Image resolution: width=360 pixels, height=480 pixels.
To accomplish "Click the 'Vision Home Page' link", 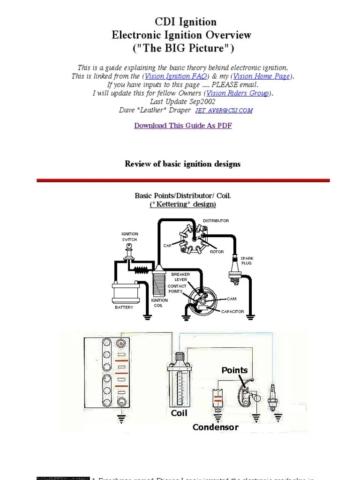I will pyautogui.click(x=262, y=76).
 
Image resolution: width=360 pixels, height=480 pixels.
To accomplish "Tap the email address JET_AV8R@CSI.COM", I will pyautogui.click(x=225, y=111).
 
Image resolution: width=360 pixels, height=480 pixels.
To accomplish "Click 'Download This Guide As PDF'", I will pyautogui.click(x=183, y=126).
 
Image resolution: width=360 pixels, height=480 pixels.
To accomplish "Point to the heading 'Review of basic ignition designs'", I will pyautogui.click(x=182, y=164).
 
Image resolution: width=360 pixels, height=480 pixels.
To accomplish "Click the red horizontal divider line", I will pyautogui.click(x=183, y=180).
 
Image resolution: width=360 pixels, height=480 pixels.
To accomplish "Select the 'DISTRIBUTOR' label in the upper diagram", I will pyautogui.click(x=216, y=220).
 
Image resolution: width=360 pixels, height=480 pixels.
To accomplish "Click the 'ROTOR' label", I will pyautogui.click(x=217, y=252).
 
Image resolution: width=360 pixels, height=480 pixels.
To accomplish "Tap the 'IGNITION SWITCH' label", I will pyautogui.click(x=130, y=236).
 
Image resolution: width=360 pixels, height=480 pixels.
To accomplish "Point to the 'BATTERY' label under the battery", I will pyautogui.click(x=124, y=307).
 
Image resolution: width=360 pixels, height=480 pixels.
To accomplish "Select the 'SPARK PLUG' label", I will pyautogui.click(x=247, y=261).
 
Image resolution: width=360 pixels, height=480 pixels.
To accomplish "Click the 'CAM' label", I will pyautogui.click(x=232, y=299).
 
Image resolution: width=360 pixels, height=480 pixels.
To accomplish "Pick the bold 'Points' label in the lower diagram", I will pyautogui.click(x=234, y=370).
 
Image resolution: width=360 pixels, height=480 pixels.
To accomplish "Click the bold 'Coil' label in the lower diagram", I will pyautogui.click(x=179, y=413).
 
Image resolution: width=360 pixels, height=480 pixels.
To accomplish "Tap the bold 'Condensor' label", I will pyautogui.click(x=216, y=427).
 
